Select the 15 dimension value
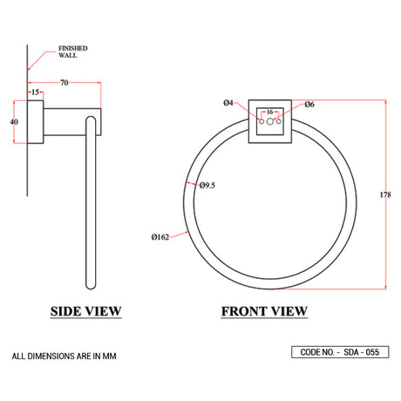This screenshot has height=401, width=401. (36, 92)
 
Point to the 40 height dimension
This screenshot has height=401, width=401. (14, 122)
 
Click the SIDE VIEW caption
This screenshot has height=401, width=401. (86, 311)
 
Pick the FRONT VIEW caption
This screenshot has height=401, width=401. (263, 311)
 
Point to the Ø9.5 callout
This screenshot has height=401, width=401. (207, 185)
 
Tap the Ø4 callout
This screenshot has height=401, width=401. (228, 104)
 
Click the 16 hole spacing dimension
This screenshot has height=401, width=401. (269, 112)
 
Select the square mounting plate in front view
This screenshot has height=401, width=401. (269, 123)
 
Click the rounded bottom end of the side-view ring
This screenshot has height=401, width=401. (89, 286)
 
